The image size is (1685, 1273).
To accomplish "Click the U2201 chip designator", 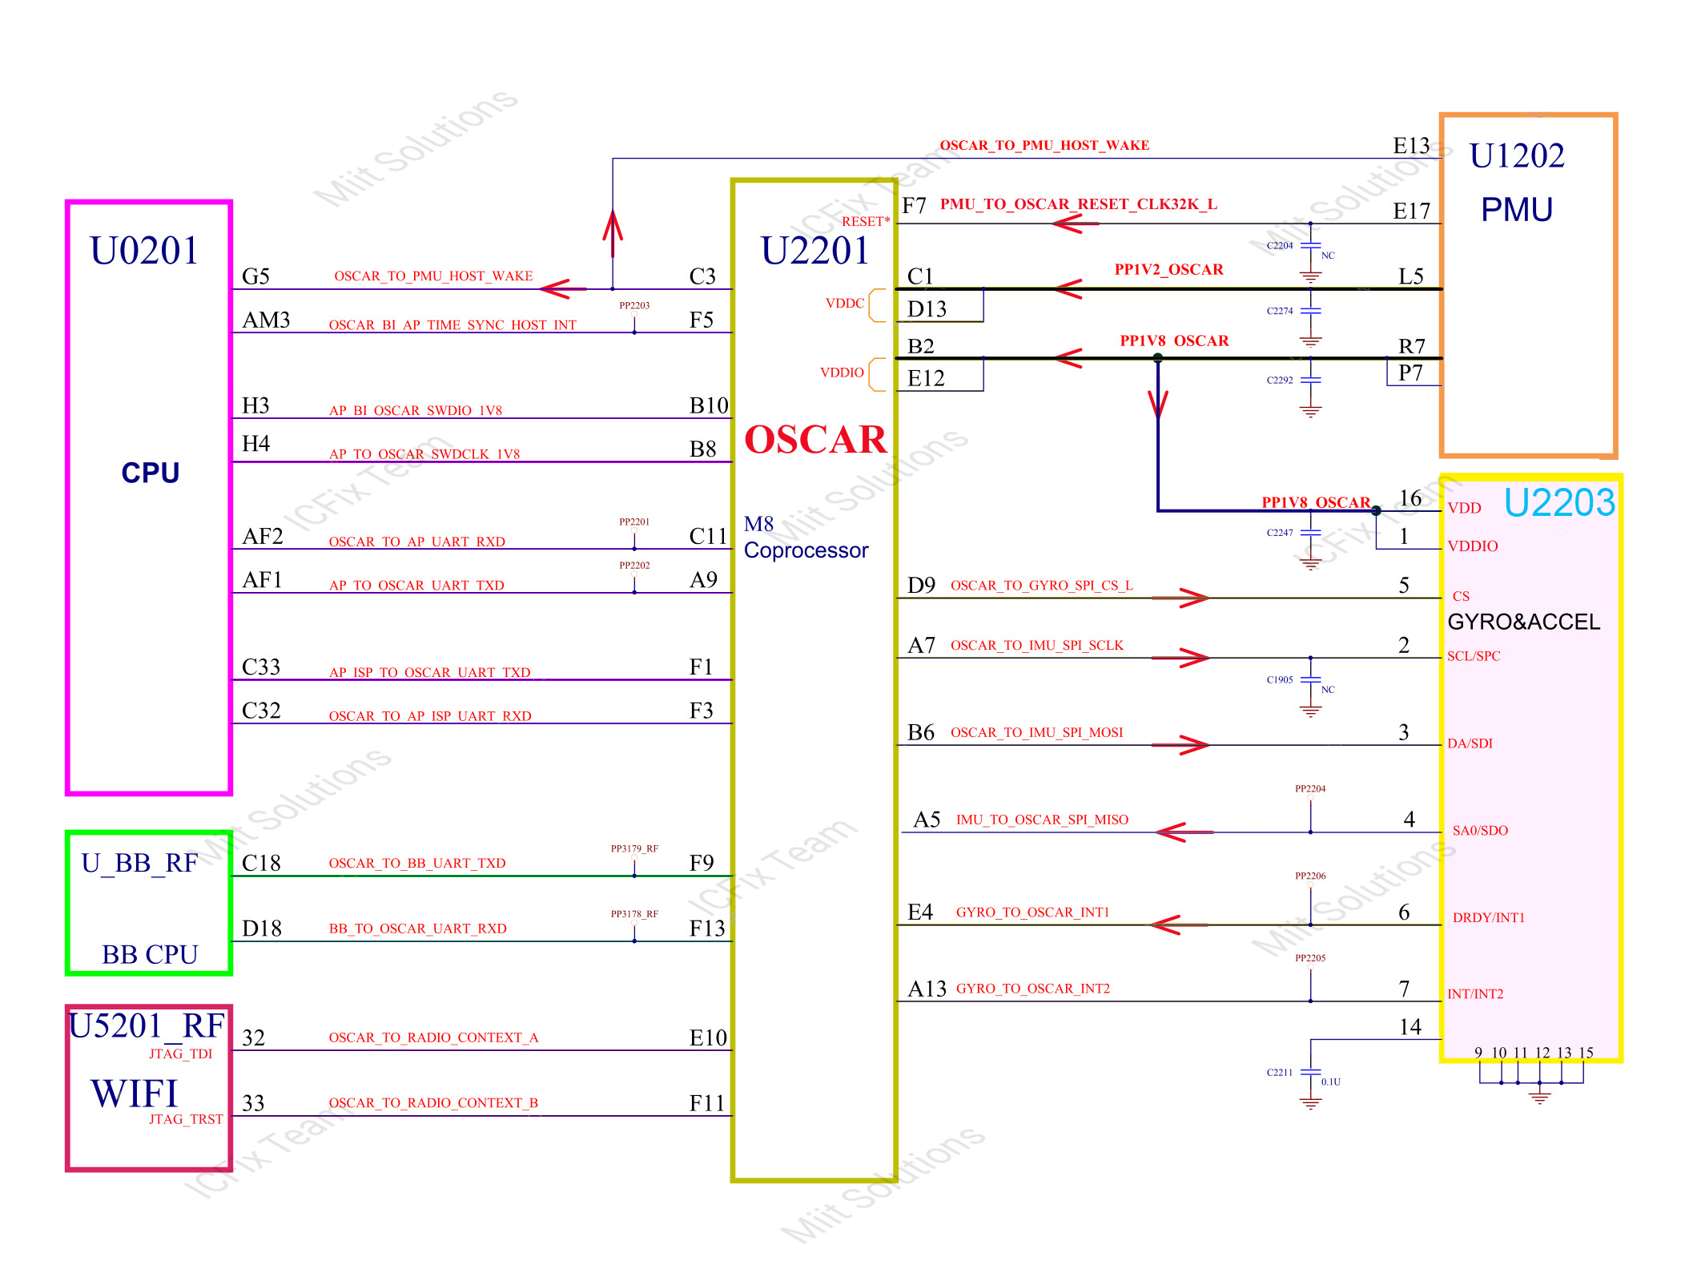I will [x=814, y=251].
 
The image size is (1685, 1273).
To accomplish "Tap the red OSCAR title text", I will [x=815, y=440].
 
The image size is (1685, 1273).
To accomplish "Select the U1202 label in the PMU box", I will [x=1516, y=155].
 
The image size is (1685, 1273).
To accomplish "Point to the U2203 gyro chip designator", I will [x=1558, y=503].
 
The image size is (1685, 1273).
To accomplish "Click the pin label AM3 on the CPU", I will [x=266, y=320].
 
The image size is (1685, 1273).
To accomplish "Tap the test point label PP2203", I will [x=634, y=305].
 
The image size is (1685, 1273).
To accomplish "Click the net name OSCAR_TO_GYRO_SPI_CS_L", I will [x=1041, y=586].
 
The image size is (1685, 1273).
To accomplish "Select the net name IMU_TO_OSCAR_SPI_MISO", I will [x=1042, y=820].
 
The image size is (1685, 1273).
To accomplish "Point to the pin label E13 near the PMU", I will [x=1411, y=146].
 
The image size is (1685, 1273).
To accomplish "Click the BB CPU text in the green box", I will [x=150, y=955].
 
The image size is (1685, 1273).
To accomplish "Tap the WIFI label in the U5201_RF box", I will [x=135, y=1094].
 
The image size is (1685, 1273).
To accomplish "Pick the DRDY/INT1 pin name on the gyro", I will [x=1488, y=918].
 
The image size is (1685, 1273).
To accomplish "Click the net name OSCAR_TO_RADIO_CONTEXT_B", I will [x=433, y=1103].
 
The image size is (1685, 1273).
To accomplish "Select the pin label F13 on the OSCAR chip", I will [x=706, y=929].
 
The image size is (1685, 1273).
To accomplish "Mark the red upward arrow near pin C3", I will [x=613, y=232].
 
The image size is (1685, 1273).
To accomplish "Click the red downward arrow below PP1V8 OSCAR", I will [x=1157, y=402].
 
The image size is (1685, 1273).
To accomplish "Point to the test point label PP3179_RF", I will [x=634, y=848].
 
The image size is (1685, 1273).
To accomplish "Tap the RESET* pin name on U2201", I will [x=865, y=221].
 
